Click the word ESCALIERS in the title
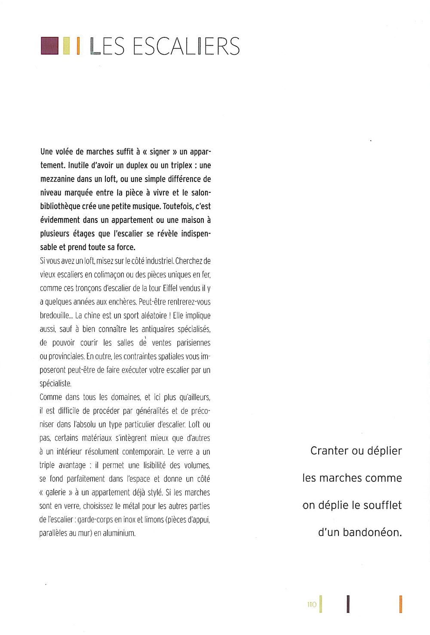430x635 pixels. (186, 46)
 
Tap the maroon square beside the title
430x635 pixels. (49, 46)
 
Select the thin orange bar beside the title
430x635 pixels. (78, 46)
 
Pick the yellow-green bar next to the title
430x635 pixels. (66, 46)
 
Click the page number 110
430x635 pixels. (312, 604)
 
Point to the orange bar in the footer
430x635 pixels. (400, 604)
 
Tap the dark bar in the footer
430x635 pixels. (348, 604)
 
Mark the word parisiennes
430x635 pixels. (193, 343)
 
